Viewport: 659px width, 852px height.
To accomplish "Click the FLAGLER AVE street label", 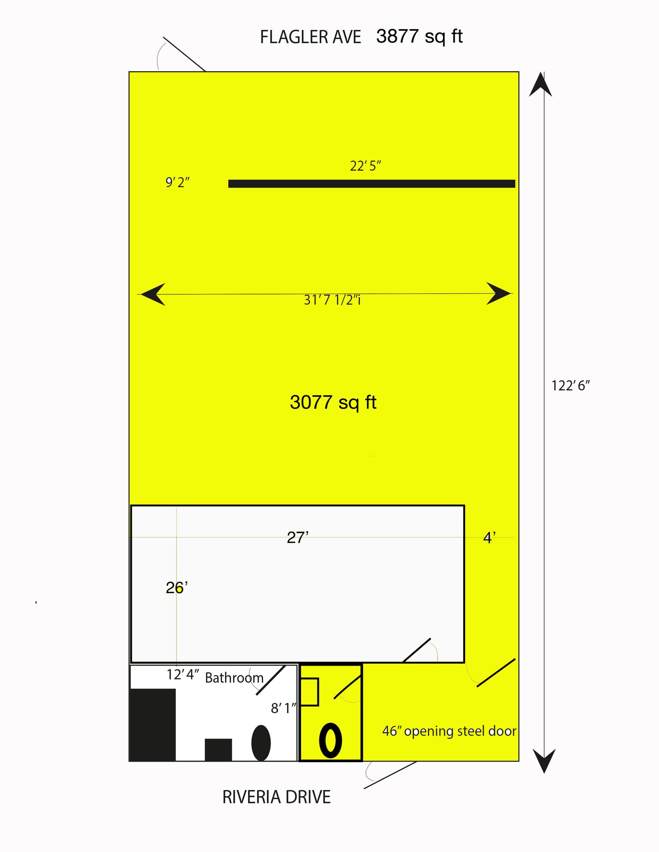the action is coord(311,37).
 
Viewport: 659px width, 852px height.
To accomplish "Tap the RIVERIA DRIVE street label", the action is coord(276,797).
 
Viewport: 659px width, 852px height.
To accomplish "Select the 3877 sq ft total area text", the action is coord(420,37).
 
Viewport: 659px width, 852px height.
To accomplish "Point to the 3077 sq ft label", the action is coord(333,402).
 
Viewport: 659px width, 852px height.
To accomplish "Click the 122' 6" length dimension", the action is coord(571,386).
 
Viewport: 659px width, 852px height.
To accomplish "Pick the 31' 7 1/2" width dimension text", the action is coord(332,300).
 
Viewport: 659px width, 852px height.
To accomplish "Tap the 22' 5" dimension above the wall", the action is coord(366,166).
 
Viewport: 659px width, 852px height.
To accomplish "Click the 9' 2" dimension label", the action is coord(178,182).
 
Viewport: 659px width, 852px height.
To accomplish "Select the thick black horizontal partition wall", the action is coord(372,183).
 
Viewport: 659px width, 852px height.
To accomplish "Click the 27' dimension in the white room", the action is coord(298,537).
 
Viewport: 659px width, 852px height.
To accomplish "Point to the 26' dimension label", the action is coord(177,588).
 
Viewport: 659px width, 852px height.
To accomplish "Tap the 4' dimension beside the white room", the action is coord(489,538).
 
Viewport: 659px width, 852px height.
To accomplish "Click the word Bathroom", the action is coord(234,678).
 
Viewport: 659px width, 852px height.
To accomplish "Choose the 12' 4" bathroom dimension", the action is coord(183,674).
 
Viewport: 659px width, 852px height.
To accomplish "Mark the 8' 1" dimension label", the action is coord(283,708).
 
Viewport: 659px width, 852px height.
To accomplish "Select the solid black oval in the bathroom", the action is coord(261,743).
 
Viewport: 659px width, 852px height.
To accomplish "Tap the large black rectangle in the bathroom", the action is coord(153,725).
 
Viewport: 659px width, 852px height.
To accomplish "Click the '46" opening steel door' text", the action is coord(449,731).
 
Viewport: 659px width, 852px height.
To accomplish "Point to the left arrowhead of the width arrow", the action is coord(153,294).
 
